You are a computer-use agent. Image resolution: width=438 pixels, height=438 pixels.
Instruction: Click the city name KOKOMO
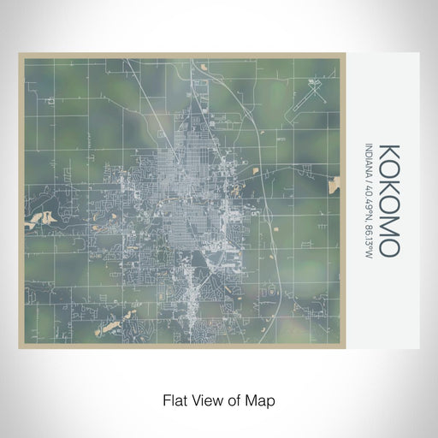pos(388,200)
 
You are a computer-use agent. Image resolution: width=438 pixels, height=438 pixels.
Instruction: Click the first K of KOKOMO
pos(388,151)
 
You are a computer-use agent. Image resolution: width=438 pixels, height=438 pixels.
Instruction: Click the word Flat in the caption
pos(174,400)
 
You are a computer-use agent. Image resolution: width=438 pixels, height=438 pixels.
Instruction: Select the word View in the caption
pos(206,400)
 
